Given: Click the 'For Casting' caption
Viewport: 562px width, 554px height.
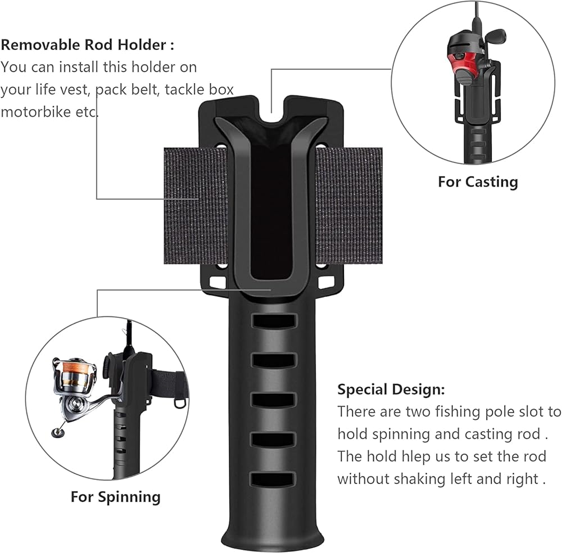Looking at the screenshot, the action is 478,181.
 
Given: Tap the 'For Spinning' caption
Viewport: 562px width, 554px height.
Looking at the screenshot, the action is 115,497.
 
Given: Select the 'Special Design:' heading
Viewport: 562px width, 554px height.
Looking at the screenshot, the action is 391,389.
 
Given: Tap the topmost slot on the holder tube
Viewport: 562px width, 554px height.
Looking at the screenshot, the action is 273,321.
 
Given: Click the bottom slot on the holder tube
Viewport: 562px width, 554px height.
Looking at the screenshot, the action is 273,479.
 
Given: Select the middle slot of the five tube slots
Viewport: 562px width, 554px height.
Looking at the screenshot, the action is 273,400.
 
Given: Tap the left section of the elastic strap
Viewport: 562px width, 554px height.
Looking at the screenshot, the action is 194,205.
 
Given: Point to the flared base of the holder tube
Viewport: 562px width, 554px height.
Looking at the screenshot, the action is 273,537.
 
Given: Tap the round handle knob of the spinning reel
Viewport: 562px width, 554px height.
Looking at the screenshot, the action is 57,432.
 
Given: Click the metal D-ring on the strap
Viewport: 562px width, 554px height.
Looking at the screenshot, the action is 179,402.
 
